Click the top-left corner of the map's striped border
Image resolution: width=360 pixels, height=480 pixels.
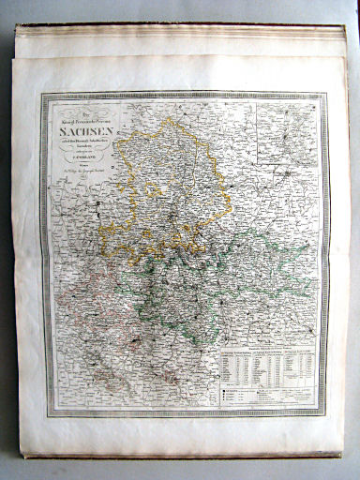(41, 94)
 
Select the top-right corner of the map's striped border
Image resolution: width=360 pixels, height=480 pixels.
(325, 93)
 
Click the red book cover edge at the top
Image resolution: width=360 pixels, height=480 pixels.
(187, 26)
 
